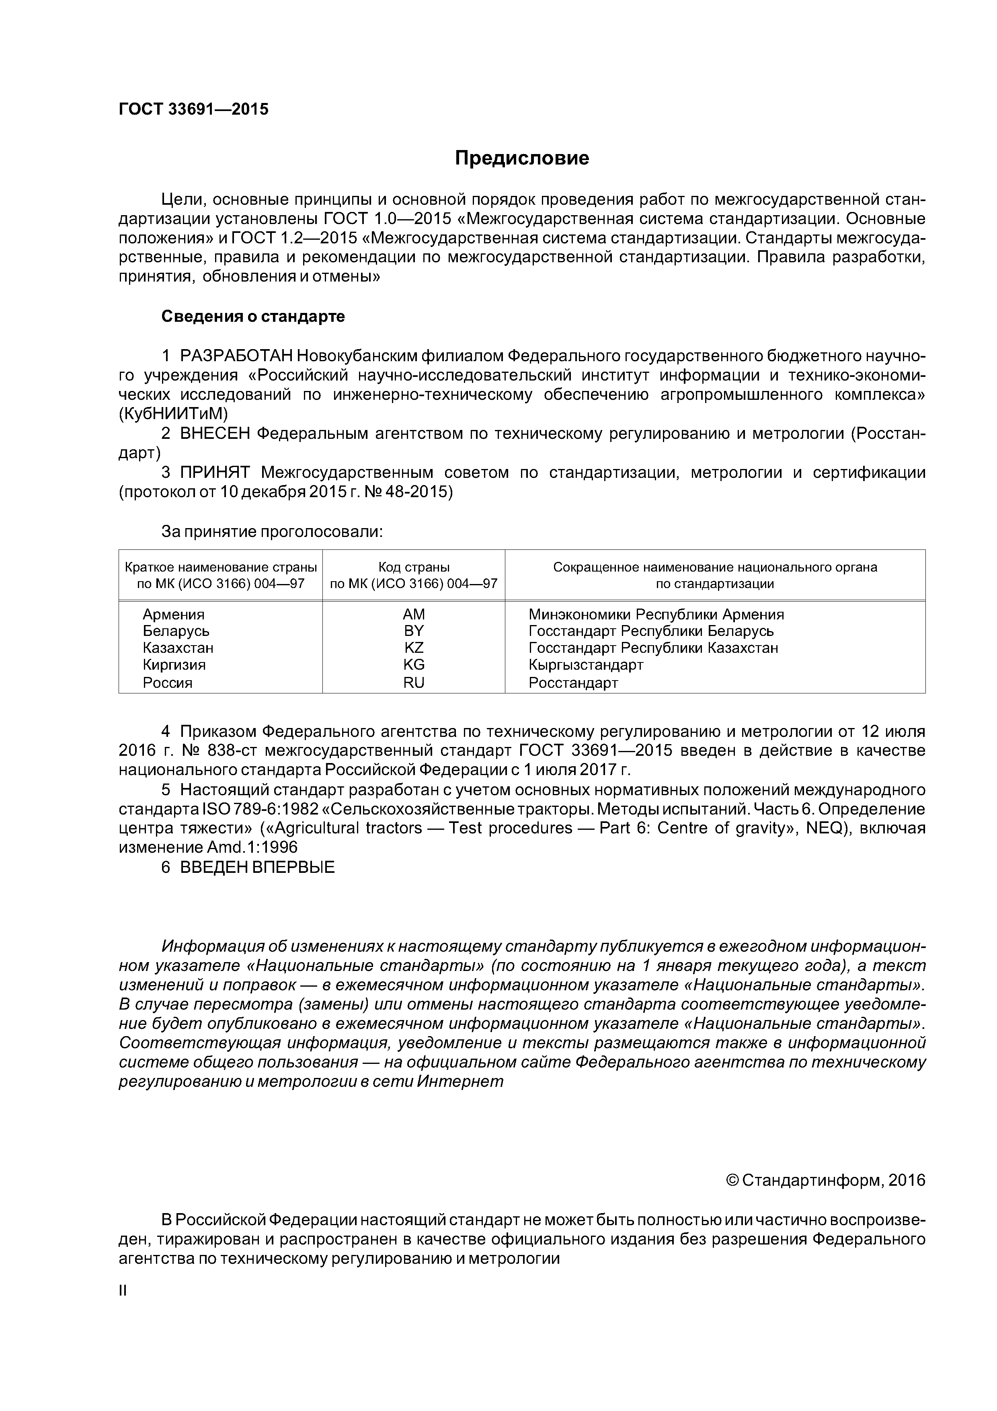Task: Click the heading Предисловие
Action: pyautogui.click(x=521, y=158)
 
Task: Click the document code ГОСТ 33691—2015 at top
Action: pyautogui.click(x=193, y=109)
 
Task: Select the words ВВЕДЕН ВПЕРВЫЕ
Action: pyautogui.click(x=257, y=867)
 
